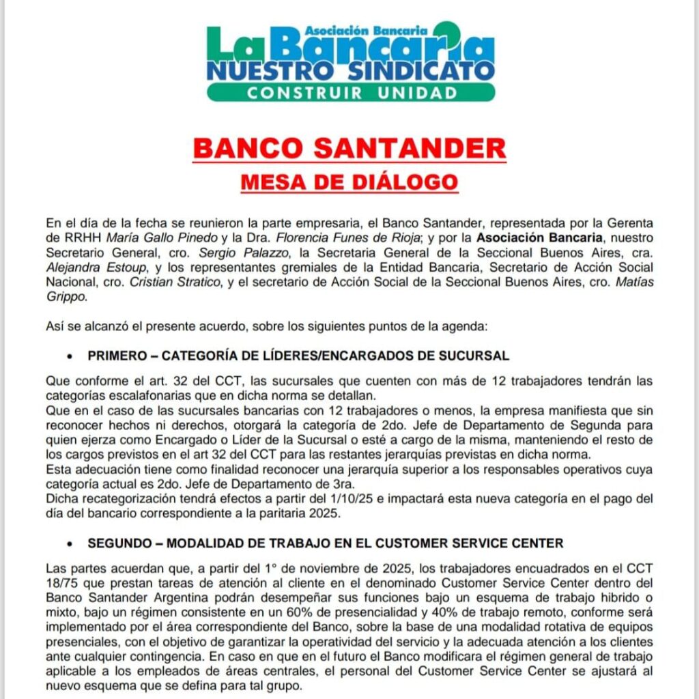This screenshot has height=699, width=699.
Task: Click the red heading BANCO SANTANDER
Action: click(349, 148)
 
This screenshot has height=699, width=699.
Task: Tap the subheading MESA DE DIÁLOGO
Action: click(349, 183)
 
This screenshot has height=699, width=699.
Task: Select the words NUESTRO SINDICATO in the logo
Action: click(350, 70)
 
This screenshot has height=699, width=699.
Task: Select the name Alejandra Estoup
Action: click(89, 266)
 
